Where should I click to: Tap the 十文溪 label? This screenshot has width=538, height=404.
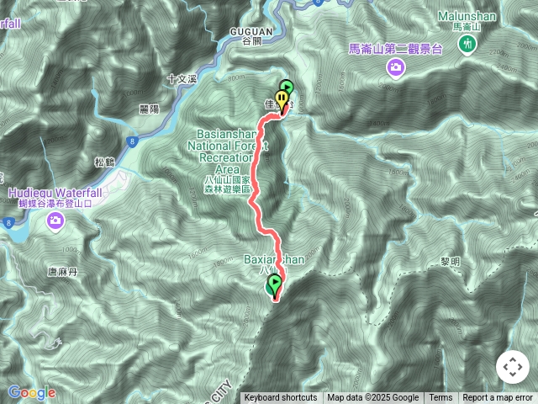tap(182, 78)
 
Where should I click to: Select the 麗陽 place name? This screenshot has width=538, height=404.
tap(149, 109)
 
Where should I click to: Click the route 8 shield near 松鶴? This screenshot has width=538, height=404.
tap(134, 143)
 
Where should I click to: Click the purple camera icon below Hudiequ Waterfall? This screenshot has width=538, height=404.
tap(55, 221)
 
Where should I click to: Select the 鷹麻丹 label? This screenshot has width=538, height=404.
tap(62, 271)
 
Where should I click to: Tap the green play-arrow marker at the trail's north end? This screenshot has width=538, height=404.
tap(286, 87)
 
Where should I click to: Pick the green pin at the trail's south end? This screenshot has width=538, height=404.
tap(274, 284)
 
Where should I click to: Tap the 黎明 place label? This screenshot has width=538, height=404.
tap(449, 262)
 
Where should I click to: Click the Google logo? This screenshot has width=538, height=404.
tap(32, 392)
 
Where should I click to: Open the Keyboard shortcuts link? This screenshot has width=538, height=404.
tap(281, 398)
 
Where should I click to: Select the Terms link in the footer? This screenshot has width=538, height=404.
tap(440, 398)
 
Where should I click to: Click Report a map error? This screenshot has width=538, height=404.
tap(499, 398)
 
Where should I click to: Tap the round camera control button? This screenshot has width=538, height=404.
tap(512, 368)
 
